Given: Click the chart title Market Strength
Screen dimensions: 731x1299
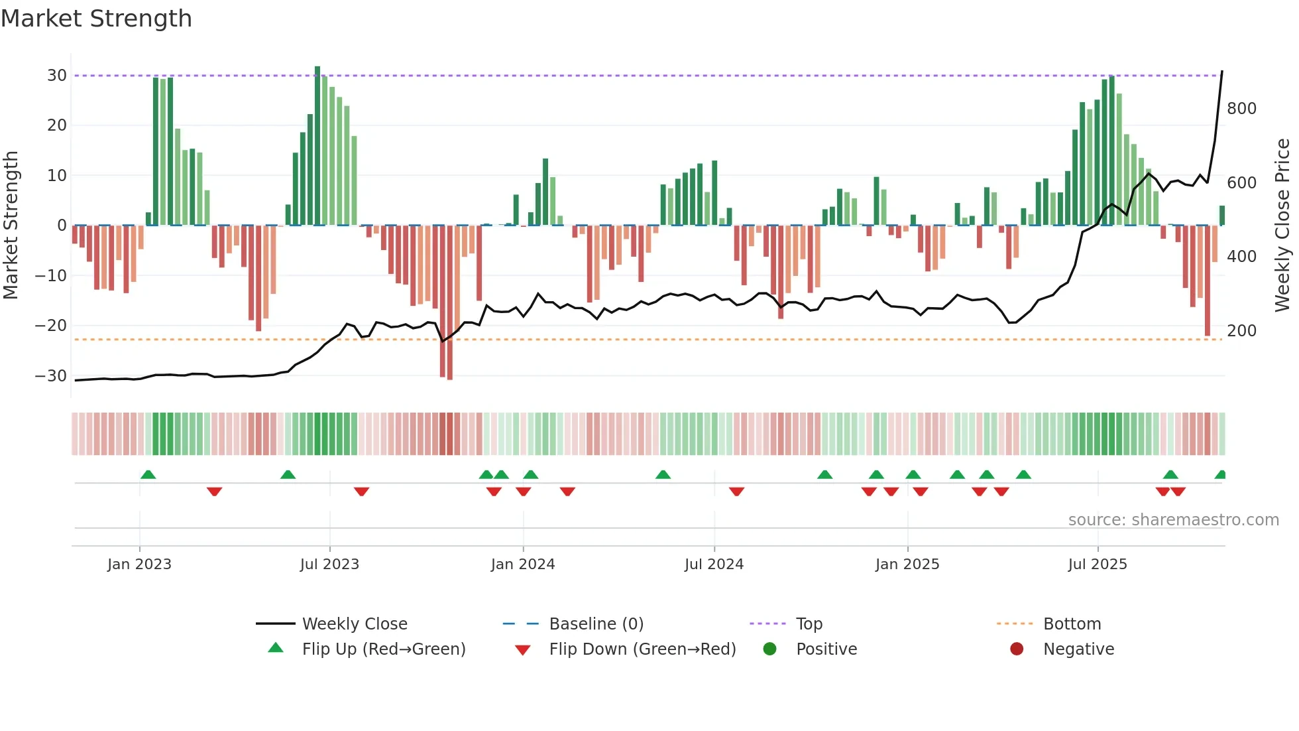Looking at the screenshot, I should pyautogui.click(x=96, y=19).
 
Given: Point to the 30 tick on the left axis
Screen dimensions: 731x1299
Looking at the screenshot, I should pyautogui.click(x=57, y=76).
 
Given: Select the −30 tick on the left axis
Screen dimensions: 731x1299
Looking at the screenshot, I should pyautogui.click(x=51, y=376).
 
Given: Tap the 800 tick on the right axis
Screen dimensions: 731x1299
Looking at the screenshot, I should pyautogui.click(x=1241, y=109).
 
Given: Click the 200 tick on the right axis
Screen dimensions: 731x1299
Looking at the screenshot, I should pyautogui.click(x=1241, y=331).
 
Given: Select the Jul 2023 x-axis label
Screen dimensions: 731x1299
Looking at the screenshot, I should pyautogui.click(x=329, y=565).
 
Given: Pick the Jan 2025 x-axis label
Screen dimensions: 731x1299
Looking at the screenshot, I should pyautogui.click(x=907, y=565).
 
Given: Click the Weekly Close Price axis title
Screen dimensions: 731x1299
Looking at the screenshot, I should pyautogui.click(x=1282, y=226).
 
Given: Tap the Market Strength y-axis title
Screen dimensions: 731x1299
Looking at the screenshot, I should pyautogui.click(x=11, y=226).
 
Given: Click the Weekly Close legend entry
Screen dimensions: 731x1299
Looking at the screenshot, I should pyautogui.click(x=355, y=624).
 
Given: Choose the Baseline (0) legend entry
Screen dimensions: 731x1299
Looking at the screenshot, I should pyautogui.click(x=596, y=624).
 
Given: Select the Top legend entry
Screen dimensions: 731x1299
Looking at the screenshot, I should pyautogui.click(x=809, y=624).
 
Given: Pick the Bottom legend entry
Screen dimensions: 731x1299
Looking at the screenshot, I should pyautogui.click(x=1072, y=624).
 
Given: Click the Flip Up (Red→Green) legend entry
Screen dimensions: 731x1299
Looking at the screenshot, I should pyautogui.click(x=384, y=649).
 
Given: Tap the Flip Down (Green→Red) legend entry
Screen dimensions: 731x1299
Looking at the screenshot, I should pyautogui.click(x=642, y=649).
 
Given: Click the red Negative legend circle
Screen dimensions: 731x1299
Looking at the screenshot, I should pyautogui.click(x=1017, y=649).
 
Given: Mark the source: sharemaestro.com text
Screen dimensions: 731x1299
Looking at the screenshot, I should pyautogui.click(x=1173, y=520).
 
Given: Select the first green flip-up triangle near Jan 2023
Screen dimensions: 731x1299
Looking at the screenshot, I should pyautogui.click(x=148, y=475).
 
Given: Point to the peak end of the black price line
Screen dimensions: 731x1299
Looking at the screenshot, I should pyautogui.click(x=1222, y=72).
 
